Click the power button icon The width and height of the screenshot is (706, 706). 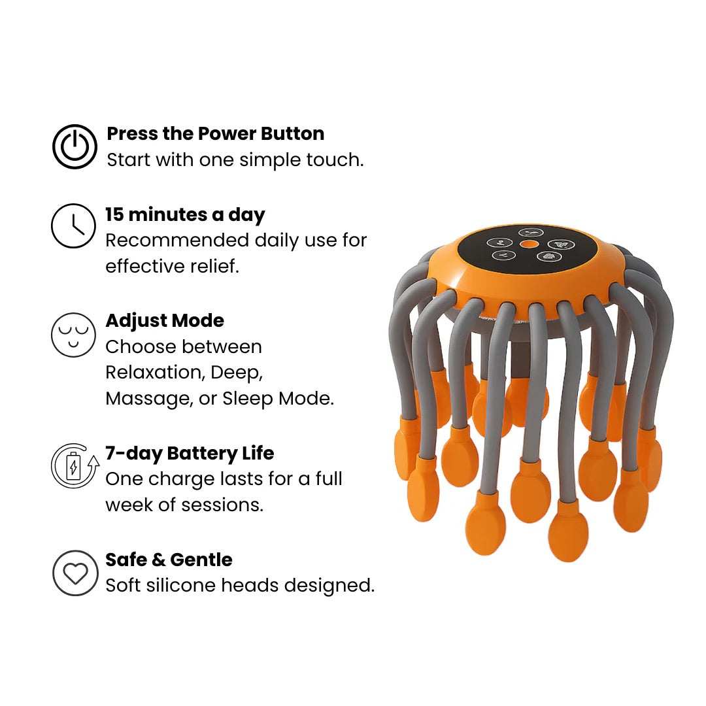[75, 146]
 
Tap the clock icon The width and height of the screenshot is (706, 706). [74, 226]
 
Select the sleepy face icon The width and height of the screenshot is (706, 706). [74, 334]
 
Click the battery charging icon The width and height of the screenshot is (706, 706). [75, 466]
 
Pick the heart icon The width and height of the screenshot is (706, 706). [75, 573]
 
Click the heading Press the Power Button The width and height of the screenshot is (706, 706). [215, 133]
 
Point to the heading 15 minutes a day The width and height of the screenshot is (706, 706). [185, 215]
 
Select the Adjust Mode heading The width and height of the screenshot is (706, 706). [165, 320]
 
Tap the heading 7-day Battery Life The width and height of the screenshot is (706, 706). [190, 453]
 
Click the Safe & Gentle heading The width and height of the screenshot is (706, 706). [169, 560]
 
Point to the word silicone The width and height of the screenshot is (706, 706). [184, 585]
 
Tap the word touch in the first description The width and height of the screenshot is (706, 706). [334, 160]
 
